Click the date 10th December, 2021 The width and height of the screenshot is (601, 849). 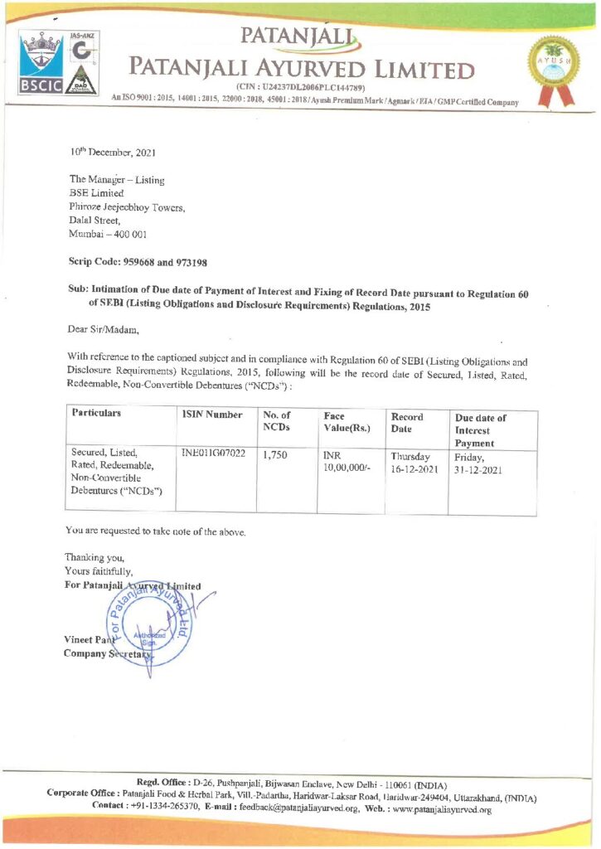[112, 153]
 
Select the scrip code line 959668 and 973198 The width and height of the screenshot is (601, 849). [137, 261]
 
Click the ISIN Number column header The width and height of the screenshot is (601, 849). [212, 415]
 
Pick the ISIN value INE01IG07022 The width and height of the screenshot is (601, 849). [213, 454]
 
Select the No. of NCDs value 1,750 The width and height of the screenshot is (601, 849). [274, 455]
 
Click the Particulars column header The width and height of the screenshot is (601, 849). [97, 413]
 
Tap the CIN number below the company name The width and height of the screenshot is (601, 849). [305, 88]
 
